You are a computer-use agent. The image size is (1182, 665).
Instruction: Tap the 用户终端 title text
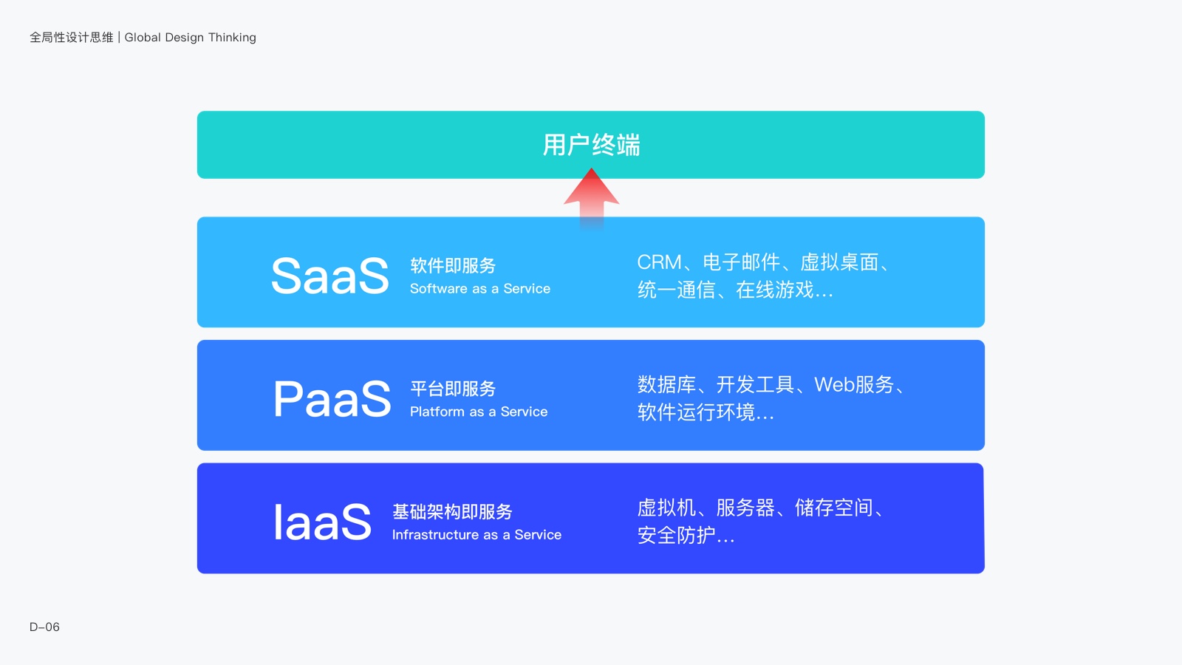tap(591, 145)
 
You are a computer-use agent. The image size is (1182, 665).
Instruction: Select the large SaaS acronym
tap(329, 275)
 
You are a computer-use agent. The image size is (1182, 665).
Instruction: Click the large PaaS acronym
tap(332, 398)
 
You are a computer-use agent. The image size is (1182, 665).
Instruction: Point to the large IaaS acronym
tap(322, 522)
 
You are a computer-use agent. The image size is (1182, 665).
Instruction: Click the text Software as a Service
tap(480, 289)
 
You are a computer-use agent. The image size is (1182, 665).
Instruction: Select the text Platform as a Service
tap(479, 412)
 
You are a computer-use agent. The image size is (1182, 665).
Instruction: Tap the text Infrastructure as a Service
tap(476, 535)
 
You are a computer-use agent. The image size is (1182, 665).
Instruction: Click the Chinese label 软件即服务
tap(453, 265)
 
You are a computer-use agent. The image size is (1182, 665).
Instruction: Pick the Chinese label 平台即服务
tap(453, 389)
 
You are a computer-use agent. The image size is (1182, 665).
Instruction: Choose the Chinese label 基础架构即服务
tap(452, 512)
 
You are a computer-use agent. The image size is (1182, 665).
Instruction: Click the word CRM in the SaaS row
tap(660, 262)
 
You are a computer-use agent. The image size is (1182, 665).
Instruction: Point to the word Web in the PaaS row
tap(834, 385)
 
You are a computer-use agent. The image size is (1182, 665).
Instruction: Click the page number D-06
tap(44, 627)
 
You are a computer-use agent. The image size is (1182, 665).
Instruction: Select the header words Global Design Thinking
tap(190, 38)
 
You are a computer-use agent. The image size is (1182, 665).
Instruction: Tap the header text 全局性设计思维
tap(71, 38)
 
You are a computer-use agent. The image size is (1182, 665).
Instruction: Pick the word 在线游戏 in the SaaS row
tap(775, 290)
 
